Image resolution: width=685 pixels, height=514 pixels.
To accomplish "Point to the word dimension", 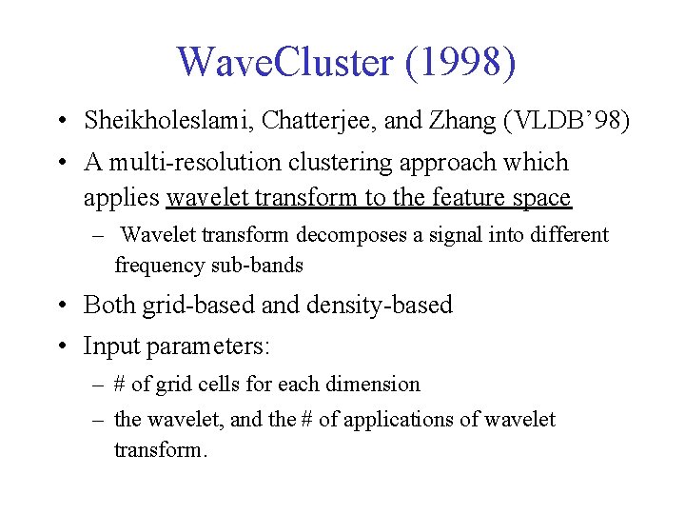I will (x=373, y=385).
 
